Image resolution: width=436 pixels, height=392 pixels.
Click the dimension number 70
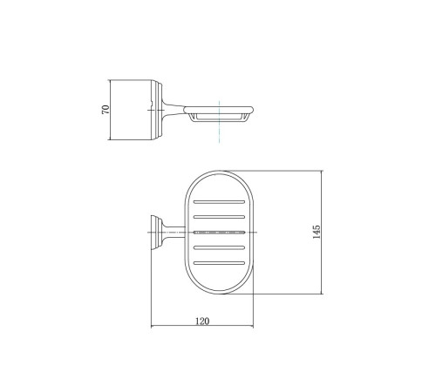106,109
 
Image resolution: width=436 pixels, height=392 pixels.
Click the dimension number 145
317,232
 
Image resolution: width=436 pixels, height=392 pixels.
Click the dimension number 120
202,321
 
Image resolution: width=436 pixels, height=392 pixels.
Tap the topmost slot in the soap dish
219,201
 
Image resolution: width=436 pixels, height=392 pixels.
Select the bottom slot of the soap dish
219,263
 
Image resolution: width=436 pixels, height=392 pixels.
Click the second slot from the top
219,217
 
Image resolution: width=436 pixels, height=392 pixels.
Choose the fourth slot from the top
219,247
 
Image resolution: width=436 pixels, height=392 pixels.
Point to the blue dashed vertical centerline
219,122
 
